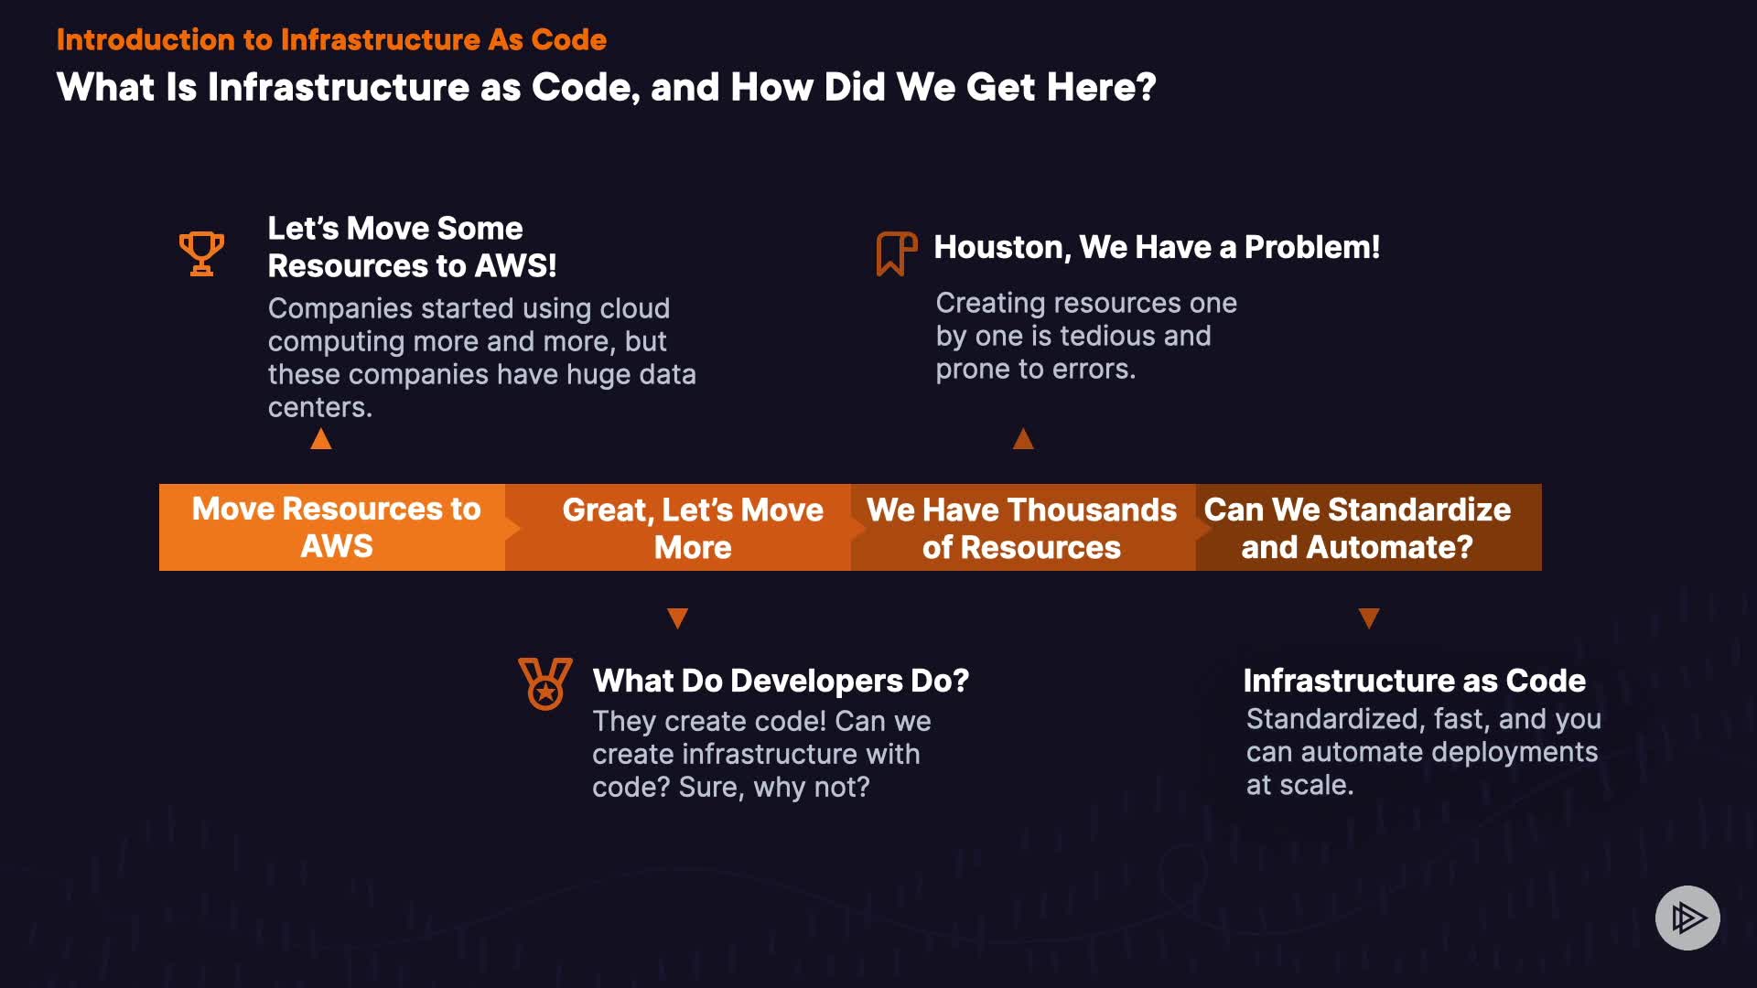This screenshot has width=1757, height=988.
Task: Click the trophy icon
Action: (201, 253)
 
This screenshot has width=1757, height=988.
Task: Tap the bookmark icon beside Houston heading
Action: (896, 253)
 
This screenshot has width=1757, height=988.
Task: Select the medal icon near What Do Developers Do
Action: (545, 683)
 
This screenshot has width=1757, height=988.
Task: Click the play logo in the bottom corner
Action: (1687, 918)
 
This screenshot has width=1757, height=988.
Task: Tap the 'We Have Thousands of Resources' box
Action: (1023, 527)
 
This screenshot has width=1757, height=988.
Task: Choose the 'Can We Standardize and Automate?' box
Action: (1369, 527)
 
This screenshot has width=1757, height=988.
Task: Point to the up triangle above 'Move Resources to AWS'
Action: (321, 439)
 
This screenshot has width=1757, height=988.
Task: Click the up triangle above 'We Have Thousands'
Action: (1023, 439)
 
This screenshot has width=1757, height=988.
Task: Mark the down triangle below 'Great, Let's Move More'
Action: (677, 618)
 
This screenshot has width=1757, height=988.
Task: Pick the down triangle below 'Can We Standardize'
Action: (1369, 618)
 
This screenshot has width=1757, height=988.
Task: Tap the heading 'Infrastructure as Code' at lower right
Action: (1415, 681)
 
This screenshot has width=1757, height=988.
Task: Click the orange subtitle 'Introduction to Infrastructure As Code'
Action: (331, 39)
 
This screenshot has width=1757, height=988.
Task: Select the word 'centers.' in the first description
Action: (320, 407)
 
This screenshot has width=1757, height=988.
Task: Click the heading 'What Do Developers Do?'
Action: (781, 681)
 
